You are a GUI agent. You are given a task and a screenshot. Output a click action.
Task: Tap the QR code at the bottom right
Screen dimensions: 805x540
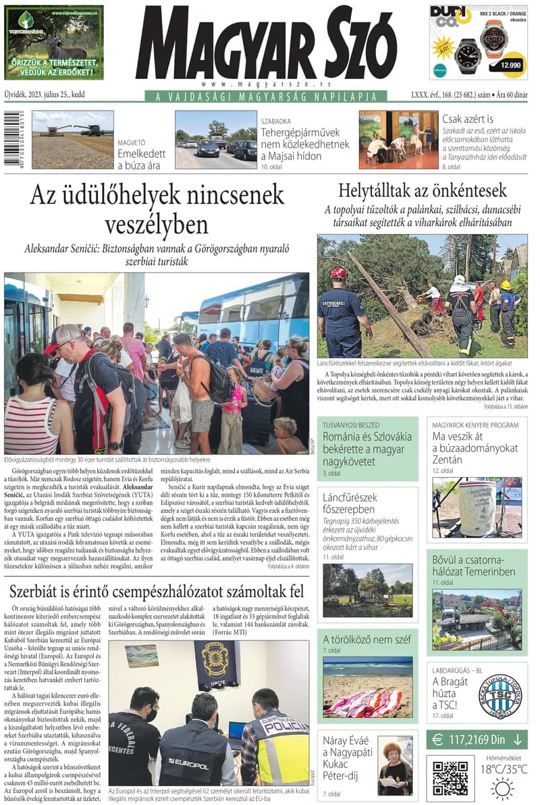[450, 779]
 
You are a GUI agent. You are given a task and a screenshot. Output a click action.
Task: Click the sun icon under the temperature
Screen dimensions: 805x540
[502, 788]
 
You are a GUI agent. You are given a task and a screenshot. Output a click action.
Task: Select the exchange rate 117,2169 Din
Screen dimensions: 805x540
[477, 740]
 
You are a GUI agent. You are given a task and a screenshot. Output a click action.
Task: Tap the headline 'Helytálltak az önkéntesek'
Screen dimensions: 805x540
[423, 190]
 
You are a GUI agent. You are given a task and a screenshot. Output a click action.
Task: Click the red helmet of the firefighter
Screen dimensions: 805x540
[339, 273]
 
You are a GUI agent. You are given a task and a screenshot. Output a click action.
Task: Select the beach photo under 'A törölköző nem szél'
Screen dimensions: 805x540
[367, 687]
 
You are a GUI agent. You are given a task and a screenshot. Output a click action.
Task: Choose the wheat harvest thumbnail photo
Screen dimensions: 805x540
[72, 140]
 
